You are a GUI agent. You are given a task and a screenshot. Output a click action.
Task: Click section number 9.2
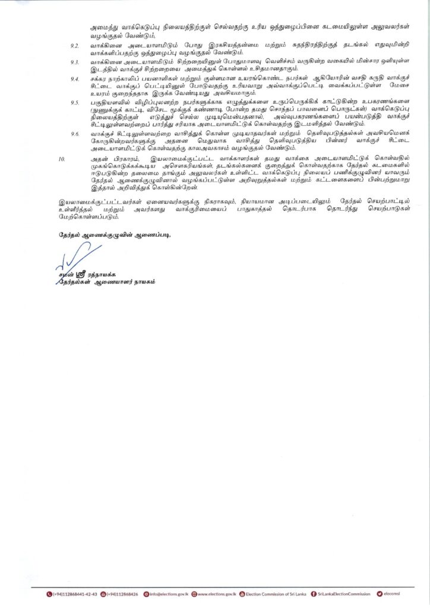tap(75, 45)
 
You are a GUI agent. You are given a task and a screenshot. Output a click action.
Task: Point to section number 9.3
tap(75, 62)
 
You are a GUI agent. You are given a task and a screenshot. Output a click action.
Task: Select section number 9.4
tap(75, 79)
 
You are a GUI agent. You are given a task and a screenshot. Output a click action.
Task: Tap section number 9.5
tap(75, 102)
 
